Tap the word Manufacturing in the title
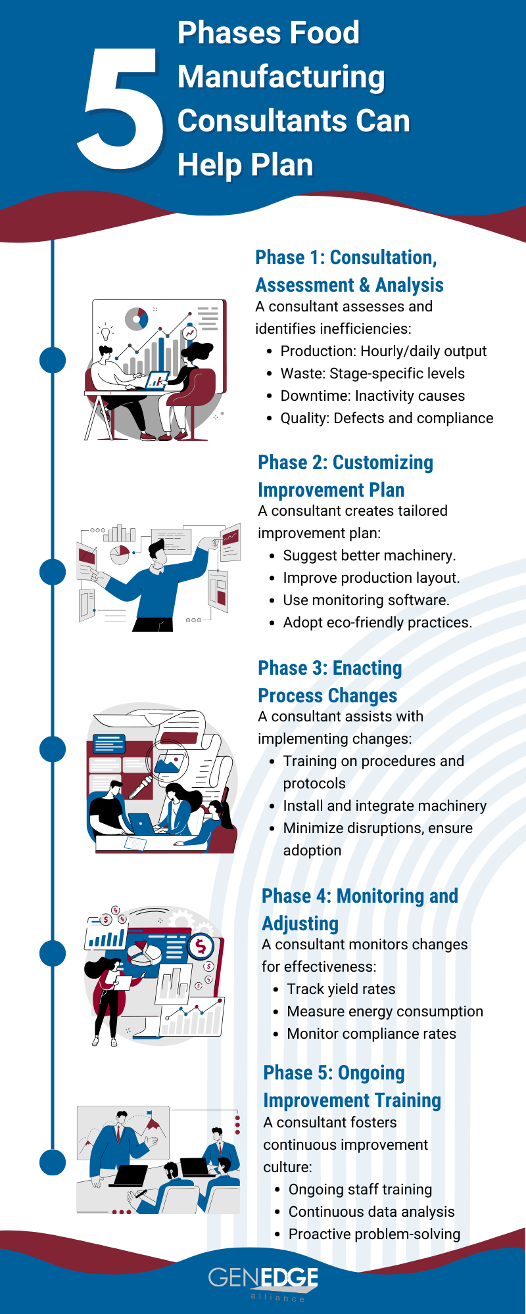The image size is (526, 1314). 281,78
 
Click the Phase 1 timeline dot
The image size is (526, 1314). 53,360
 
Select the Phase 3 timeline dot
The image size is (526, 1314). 53,749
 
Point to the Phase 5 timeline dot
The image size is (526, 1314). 53,1162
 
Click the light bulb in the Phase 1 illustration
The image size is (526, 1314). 105,332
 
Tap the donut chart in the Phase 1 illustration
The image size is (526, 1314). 137,319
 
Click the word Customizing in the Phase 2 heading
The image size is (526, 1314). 383,463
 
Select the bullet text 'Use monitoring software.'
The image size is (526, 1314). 366,600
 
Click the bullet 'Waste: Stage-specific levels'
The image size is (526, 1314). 372,373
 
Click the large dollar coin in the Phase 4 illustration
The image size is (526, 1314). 201,947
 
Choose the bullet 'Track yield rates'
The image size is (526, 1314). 341,989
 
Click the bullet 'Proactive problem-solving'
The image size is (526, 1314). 374,1234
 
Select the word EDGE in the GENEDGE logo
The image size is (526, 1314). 290,1278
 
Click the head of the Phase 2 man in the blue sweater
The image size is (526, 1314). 158,551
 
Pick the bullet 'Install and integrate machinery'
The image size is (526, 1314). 385,805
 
